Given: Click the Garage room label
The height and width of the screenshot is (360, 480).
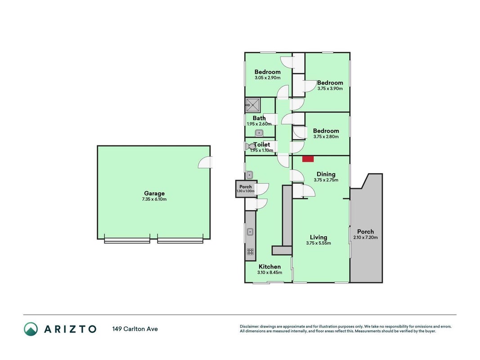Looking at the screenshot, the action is coord(154,193).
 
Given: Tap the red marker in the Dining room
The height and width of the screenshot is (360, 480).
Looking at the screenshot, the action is coord(308,159).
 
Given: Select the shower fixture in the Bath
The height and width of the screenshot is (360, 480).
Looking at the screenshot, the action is coord(253,105).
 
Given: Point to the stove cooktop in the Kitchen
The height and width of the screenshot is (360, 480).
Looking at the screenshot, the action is coord(251,252).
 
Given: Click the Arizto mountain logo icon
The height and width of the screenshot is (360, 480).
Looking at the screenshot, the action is coord(31,329).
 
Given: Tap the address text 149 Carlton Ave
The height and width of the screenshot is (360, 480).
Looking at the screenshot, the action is coord(135,329).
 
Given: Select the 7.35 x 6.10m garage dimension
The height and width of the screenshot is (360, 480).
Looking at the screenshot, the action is coord(154,199).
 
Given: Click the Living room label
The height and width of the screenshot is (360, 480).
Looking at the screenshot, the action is coord(319,237).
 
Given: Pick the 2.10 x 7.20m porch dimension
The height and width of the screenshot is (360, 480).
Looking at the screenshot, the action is coord(365,238).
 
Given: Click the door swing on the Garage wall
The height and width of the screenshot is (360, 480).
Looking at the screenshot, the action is coord(205,162).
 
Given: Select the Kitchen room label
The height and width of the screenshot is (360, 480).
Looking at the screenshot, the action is coord(270,267).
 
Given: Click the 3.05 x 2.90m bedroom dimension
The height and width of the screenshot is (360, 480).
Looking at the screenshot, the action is coord(268,78).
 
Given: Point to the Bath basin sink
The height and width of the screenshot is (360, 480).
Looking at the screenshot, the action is coord(259,133).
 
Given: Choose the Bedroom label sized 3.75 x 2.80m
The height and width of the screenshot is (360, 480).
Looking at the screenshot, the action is coord(326,130).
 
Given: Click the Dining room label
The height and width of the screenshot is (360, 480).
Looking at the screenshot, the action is coord(326,174).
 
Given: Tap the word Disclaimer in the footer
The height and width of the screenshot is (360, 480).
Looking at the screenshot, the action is coord(250,327).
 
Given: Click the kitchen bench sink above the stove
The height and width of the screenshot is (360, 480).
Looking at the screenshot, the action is coord(250,232).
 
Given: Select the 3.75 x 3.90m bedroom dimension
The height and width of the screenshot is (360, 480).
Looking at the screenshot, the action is coord(330,89).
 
